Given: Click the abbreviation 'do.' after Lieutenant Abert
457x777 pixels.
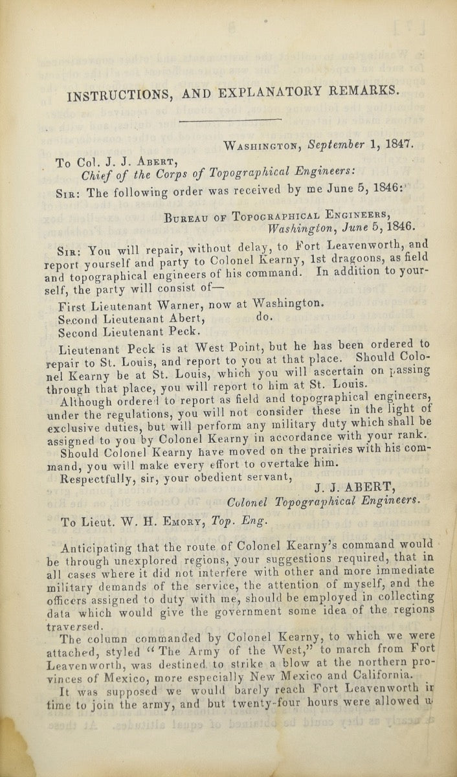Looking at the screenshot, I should point(267,317).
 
